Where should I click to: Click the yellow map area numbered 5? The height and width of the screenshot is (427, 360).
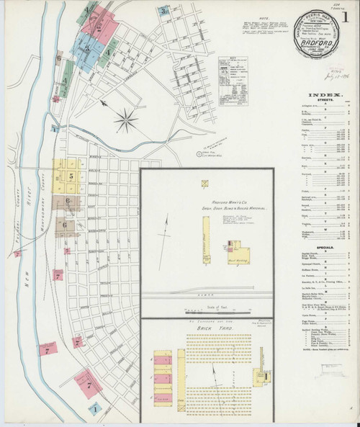(71, 175)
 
